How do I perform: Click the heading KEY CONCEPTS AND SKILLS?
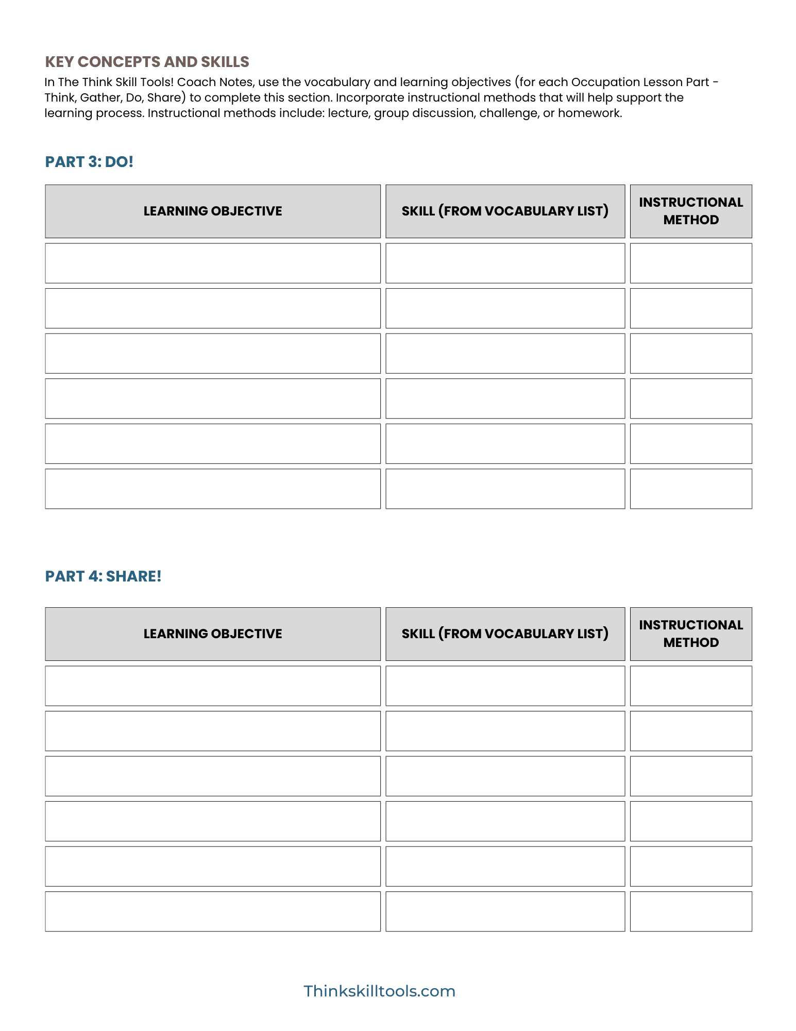click(x=147, y=62)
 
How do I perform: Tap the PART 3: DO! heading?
click(x=89, y=162)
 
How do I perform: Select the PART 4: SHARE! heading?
click(x=103, y=576)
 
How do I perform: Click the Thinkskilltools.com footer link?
click(x=379, y=991)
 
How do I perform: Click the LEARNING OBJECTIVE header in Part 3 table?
click(x=213, y=211)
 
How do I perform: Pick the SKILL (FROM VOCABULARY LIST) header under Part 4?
click(x=505, y=634)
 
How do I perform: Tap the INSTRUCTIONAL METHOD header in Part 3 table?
click(x=691, y=211)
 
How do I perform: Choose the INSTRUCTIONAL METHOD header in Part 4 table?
click(x=691, y=634)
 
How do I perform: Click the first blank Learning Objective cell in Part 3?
click(x=213, y=263)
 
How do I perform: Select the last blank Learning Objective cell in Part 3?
click(x=213, y=489)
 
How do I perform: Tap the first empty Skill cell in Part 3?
click(x=505, y=263)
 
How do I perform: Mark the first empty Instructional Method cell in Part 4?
click(x=691, y=686)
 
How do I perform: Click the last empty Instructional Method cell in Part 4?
click(x=691, y=911)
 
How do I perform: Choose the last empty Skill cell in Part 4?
click(x=505, y=911)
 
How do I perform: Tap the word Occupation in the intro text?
click(x=605, y=82)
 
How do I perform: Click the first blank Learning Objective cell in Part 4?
click(x=213, y=686)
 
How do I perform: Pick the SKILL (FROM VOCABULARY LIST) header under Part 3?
click(x=505, y=211)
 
